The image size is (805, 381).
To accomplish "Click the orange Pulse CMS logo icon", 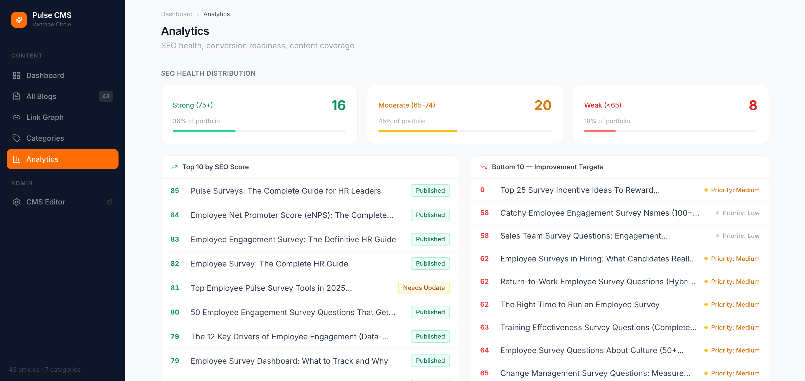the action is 19,20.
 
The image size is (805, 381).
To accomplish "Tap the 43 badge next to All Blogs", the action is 106,96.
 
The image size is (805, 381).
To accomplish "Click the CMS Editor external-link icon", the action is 110,202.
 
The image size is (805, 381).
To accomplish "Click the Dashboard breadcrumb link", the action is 177,14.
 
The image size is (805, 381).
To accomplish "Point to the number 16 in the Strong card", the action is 338,105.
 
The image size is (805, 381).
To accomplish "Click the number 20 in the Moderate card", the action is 543,105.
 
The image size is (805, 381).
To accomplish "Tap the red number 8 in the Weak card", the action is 753,105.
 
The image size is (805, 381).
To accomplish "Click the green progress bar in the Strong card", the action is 204,131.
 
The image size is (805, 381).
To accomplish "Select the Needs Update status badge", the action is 424,288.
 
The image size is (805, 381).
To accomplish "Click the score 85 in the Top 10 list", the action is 175,190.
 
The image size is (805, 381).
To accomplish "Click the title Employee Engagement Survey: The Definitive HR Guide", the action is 293,239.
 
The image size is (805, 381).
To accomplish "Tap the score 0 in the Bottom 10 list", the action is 482,190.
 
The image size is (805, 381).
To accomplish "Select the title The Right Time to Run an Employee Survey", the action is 580,304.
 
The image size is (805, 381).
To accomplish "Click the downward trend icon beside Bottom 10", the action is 484,167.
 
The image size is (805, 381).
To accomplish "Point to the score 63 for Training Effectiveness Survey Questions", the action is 484,327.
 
